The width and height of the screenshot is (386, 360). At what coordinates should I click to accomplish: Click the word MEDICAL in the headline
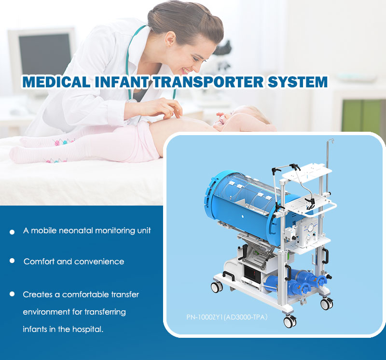pyautogui.click(x=56, y=82)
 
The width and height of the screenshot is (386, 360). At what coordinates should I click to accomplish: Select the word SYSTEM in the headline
pyautogui.click(x=298, y=82)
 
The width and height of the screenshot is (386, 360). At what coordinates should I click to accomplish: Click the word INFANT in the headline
pyautogui.click(x=122, y=82)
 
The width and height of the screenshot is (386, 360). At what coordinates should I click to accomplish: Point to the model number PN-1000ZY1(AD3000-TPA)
pyautogui.click(x=227, y=317)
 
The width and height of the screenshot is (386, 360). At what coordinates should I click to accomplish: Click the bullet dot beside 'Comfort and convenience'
pyautogui.click(x=12, y=261)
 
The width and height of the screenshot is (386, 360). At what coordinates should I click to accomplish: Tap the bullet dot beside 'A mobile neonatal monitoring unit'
pyautogui.click(x=12, y=232)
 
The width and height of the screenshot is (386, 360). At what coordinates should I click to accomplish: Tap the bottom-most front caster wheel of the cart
pyautogui.click(x=290, y=321)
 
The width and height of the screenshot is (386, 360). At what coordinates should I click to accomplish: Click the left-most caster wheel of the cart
pyautogui.click(x=217, y=287)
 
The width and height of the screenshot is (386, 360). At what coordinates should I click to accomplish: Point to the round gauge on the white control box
pyautogui.click(x=310, y=227)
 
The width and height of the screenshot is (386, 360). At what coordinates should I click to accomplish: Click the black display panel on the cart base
pyautogui.click(x=251, y=273)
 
